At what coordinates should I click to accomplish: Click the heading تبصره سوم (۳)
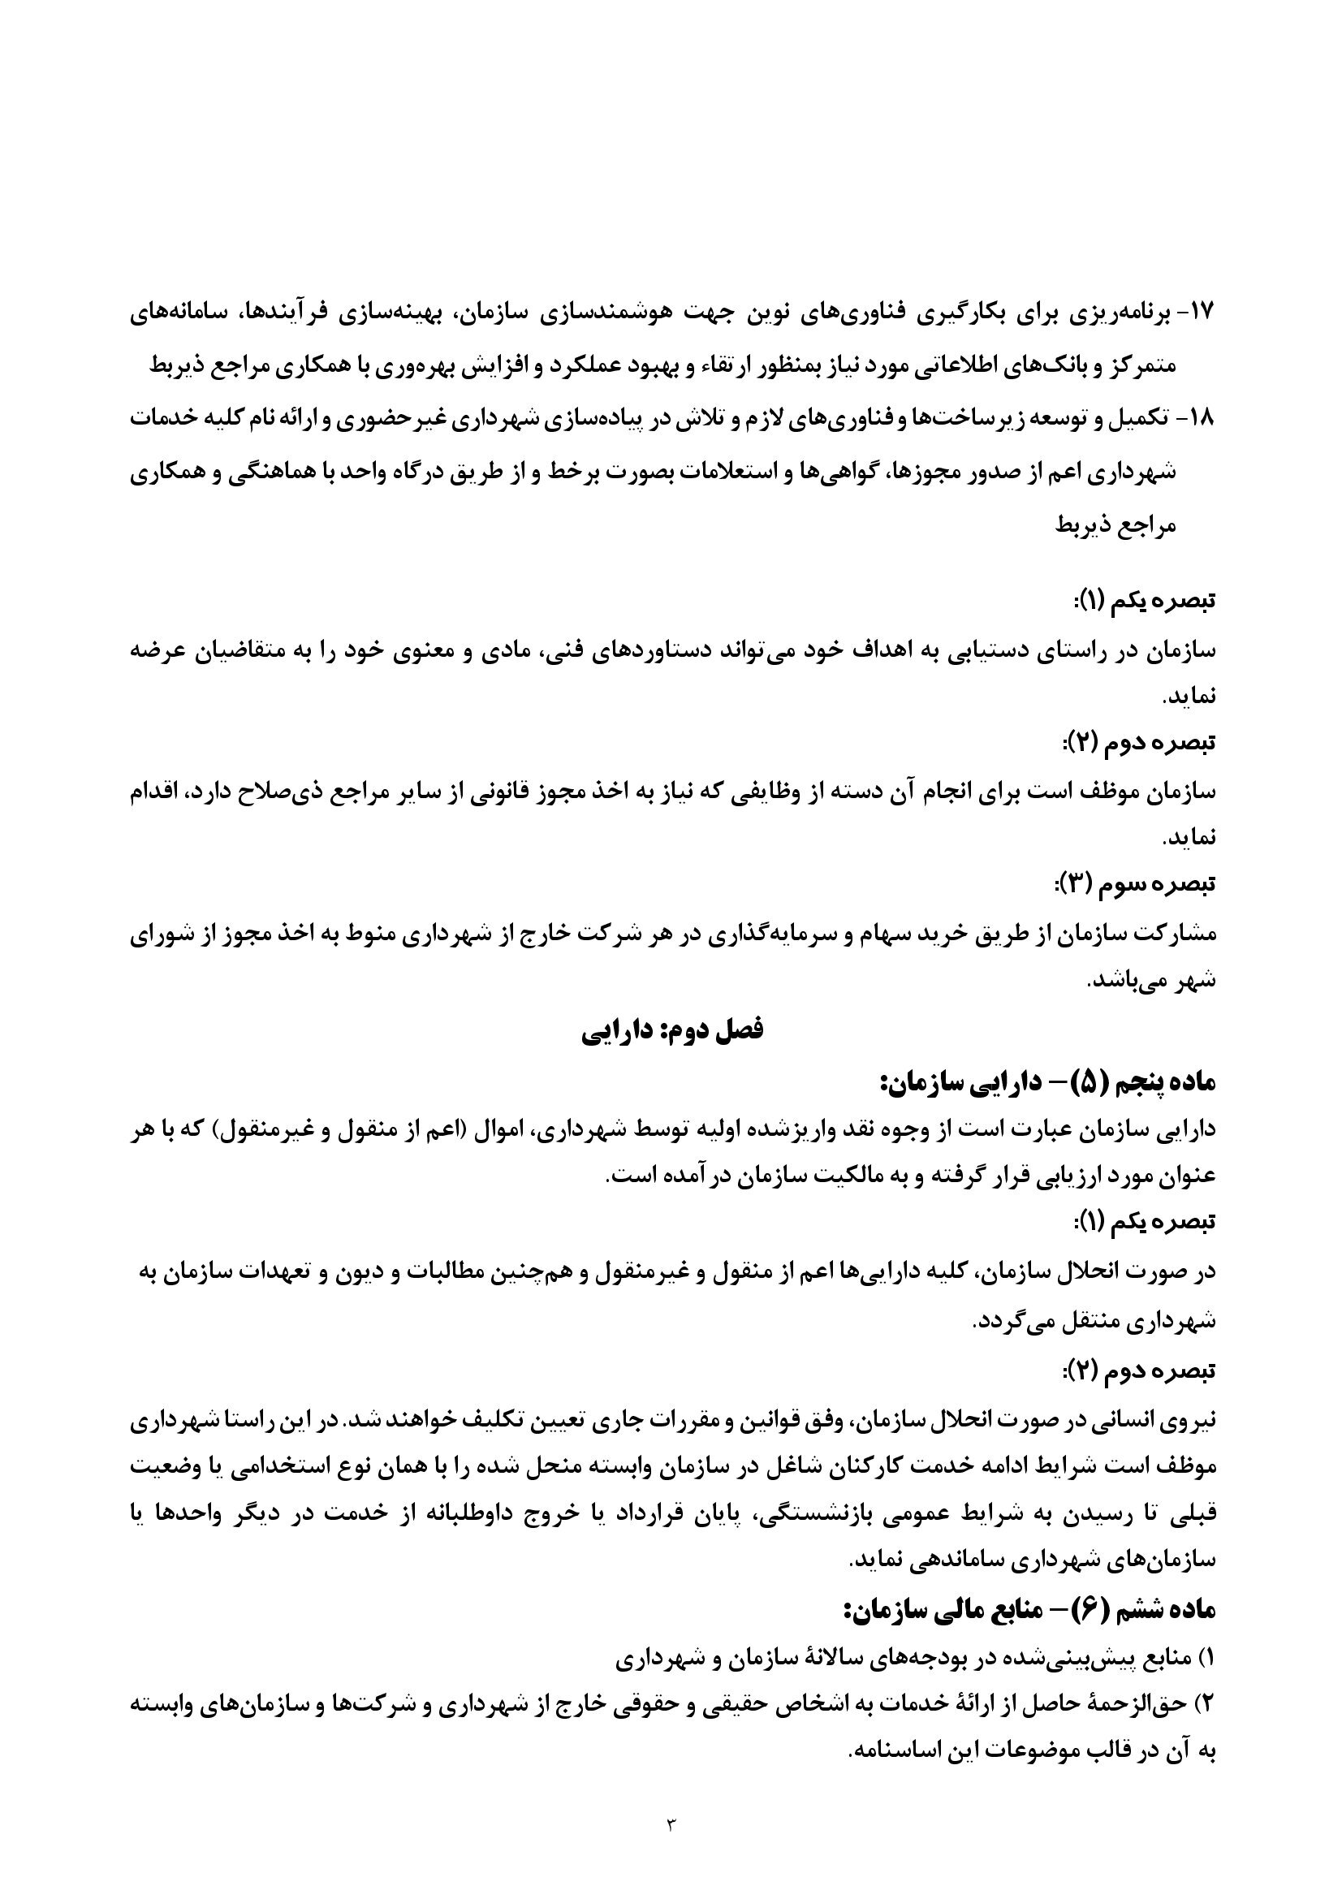(1133, 884)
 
